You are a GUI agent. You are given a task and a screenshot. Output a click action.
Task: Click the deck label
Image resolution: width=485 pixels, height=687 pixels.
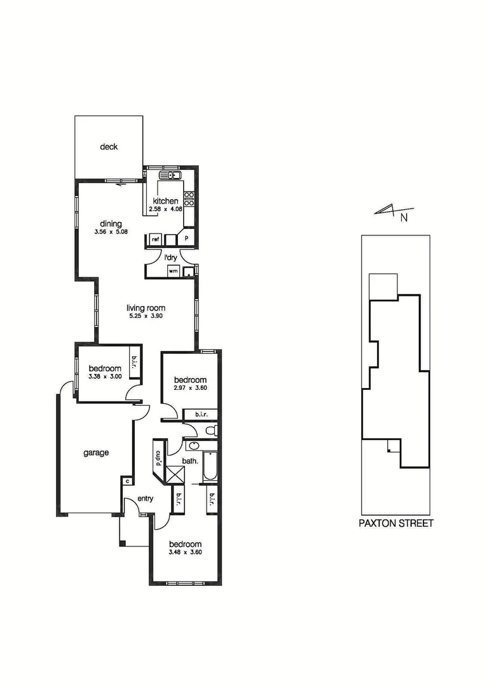(x=109, y=147)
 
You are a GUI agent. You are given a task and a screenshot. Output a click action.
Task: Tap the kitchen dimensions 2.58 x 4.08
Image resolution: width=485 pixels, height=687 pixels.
(x=165, y=209)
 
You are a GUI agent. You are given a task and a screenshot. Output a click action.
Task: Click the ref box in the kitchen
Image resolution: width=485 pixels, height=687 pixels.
(x=154, y=239)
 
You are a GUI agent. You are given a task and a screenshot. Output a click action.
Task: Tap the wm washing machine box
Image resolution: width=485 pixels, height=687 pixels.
(x=172, y=272)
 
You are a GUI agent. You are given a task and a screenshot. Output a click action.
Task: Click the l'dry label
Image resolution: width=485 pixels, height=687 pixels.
(x=170, y=258)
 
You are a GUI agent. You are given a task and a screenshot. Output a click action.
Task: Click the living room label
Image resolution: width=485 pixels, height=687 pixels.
(x=146, y=309)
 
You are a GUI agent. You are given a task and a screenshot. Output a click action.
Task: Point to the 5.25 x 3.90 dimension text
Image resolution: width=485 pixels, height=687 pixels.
(x=146, y=317)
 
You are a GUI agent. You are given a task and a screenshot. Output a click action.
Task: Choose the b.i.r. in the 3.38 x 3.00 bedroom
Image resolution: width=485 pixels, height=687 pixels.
(x=135, y=362)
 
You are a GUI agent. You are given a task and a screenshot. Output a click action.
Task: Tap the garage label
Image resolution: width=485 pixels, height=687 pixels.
(x=96, y=453)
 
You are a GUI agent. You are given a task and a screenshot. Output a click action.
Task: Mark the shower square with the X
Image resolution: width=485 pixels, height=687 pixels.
(x=174, y=475)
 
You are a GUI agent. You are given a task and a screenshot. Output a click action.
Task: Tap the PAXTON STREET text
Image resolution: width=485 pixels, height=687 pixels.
(x=395, y=524)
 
